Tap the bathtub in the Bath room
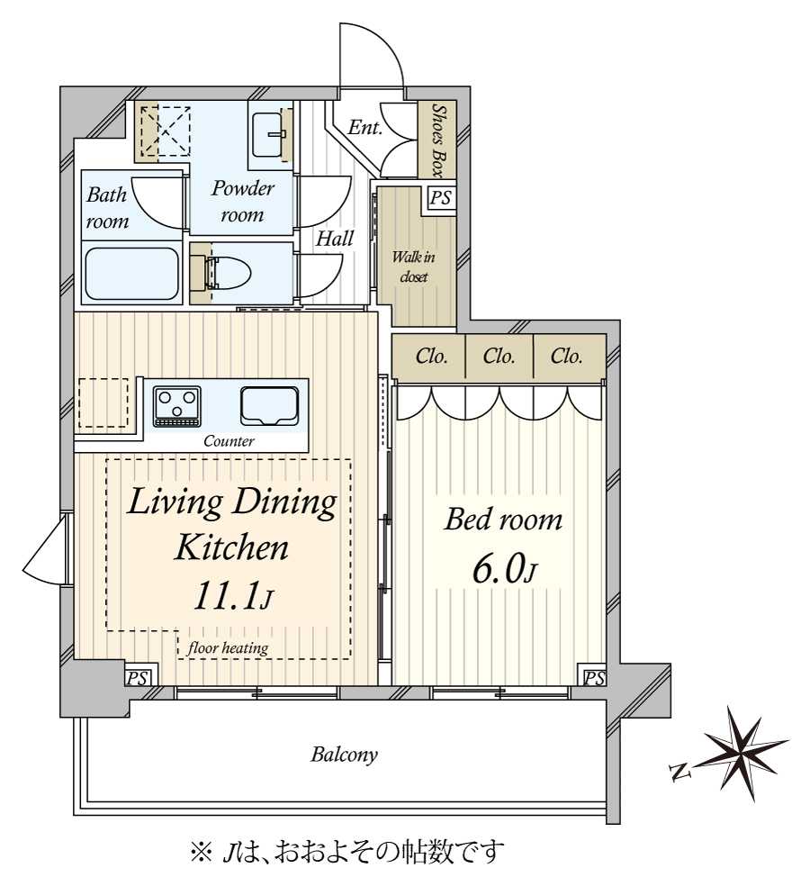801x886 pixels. (131, 274)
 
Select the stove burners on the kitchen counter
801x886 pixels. (176, 406)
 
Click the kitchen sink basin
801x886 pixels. (269, 406)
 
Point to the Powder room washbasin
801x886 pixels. (270, 134)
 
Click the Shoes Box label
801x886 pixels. (437, 140)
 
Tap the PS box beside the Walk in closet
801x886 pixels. (440, 198)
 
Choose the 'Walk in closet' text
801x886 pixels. (414, 267)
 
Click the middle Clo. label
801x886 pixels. (499, 357)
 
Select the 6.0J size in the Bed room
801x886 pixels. (504, 571)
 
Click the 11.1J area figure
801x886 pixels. (233, 597)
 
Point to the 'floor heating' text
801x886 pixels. (228, 648)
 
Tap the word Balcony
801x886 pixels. (344, 755)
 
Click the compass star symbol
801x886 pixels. (744, 754)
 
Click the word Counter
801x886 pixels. (229, 440)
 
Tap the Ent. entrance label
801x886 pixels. (364, 127)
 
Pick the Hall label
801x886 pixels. (335, 239)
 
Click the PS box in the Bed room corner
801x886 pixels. (594, 678)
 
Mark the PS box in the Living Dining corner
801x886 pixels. (138, 678)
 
